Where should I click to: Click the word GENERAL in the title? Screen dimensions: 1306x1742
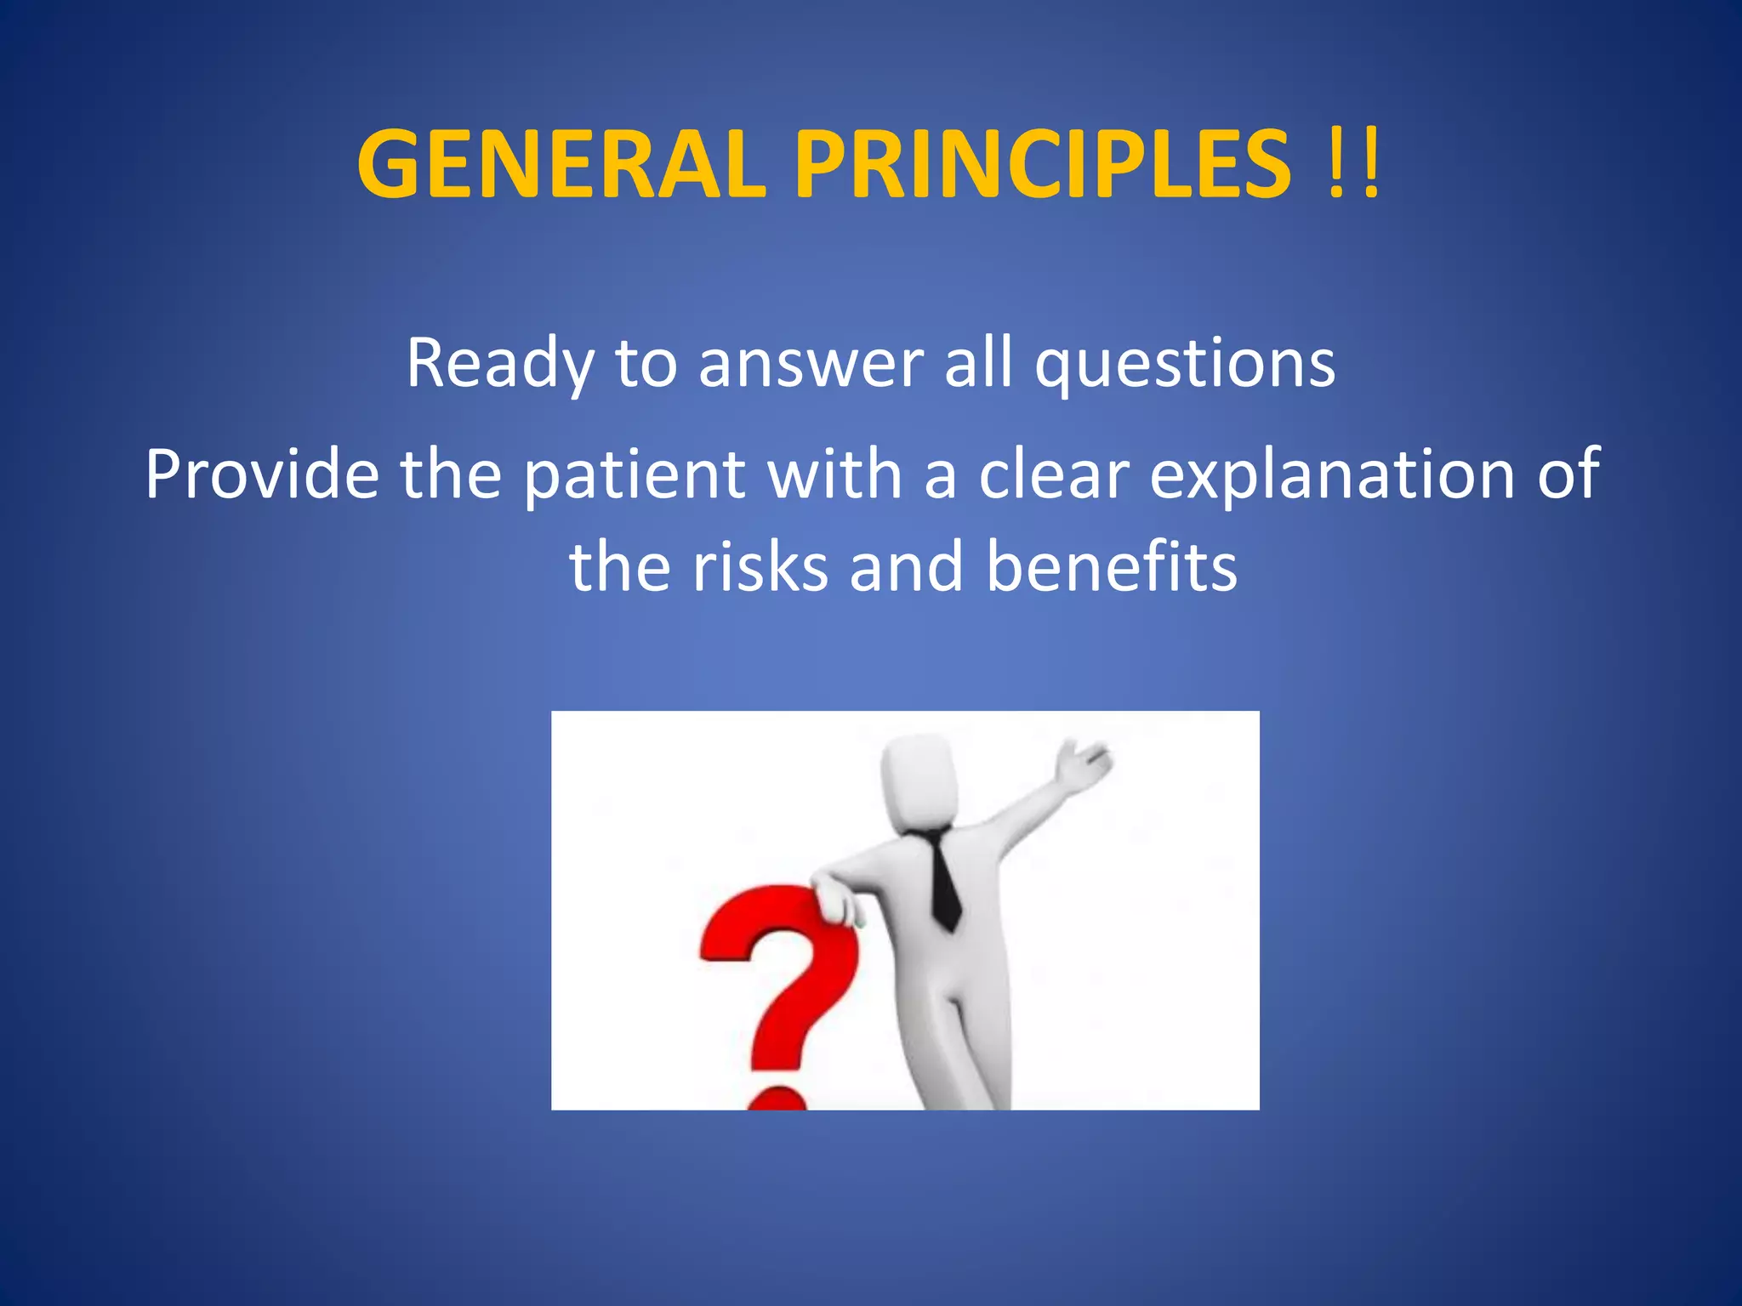(561, 164)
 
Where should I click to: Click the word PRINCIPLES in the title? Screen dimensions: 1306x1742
(1042, 164)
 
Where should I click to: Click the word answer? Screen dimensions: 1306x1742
(810, 364)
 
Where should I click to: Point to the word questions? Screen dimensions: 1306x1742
(1184, 364)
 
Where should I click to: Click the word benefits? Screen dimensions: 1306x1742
(1111, 567)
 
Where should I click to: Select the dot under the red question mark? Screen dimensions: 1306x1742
(777, 1099)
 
